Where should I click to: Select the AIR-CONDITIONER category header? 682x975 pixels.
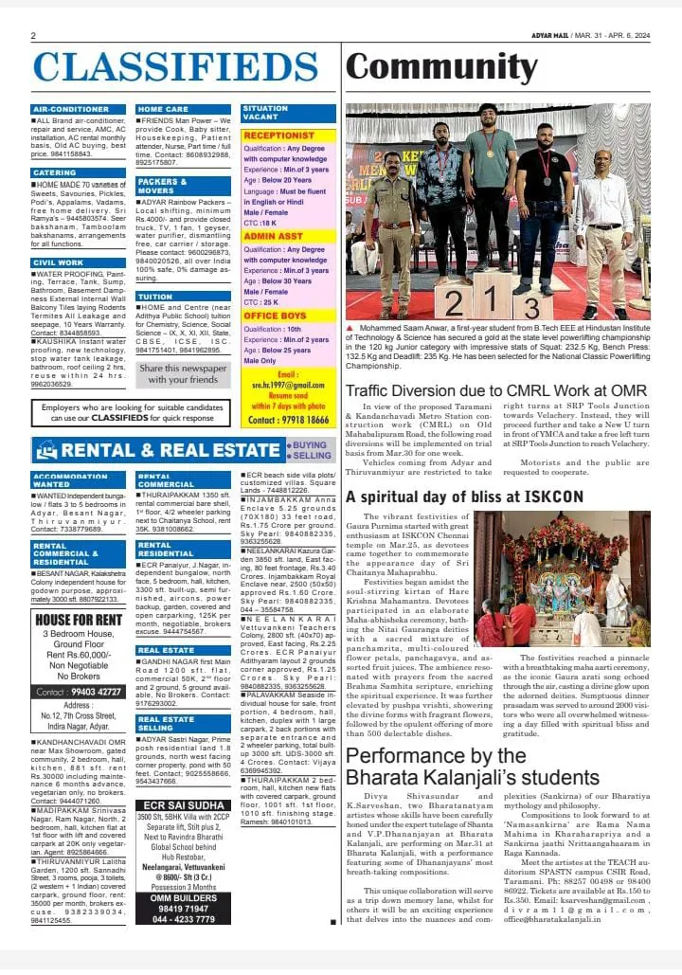(71, 109)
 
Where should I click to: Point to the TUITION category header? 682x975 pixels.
(155, 296)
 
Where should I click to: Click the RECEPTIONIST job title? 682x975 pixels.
(279, 135)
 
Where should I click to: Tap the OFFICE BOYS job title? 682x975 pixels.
(276, 316)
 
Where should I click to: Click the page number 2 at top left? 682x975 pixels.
(33, 36)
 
